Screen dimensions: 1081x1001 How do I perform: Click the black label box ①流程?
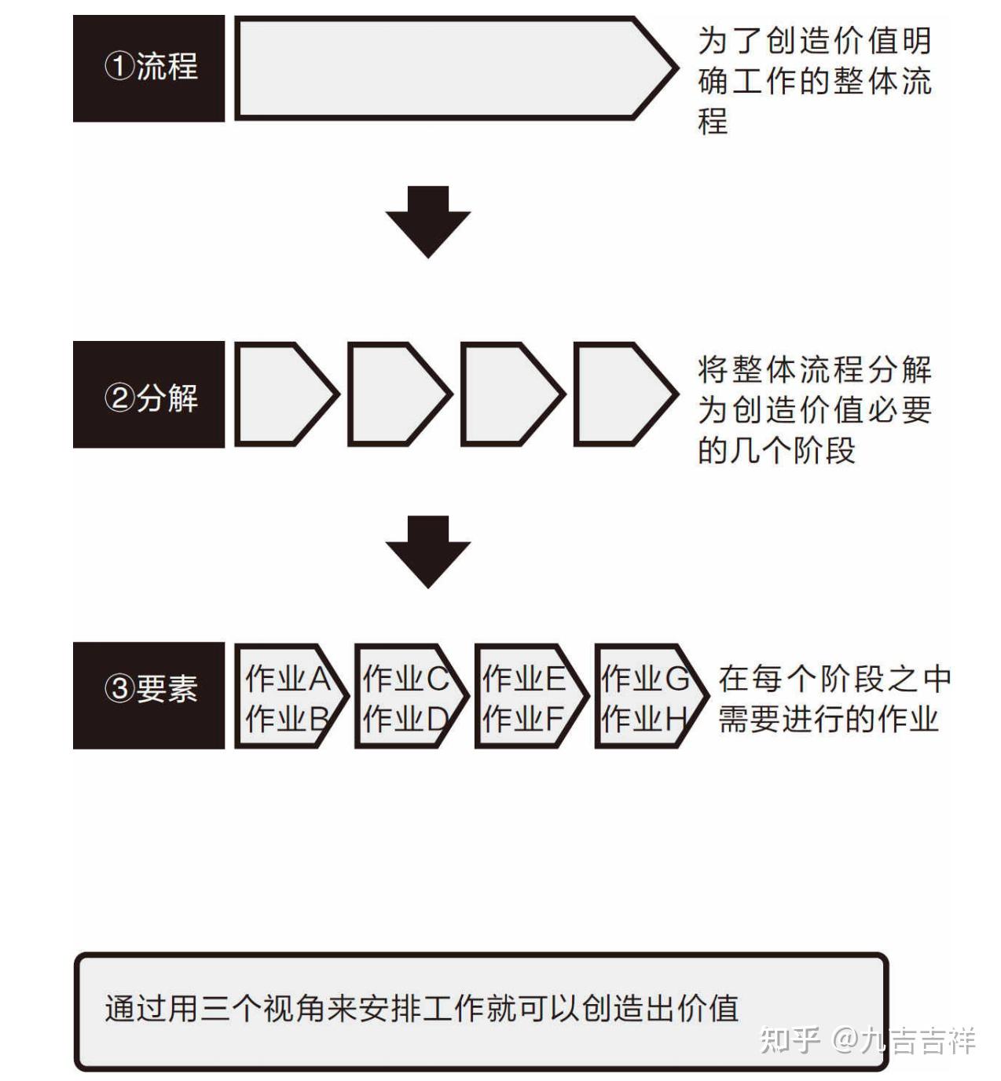[148, 68]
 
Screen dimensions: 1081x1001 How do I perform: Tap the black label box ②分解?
[148, 394]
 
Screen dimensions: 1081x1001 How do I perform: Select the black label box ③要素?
[148, 695]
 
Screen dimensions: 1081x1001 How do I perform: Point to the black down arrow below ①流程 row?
[427, 222]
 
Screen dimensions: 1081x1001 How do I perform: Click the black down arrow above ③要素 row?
[427, 551]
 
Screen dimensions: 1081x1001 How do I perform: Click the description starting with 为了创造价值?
[814, 80]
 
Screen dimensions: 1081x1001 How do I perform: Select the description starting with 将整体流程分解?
[814, 409]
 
